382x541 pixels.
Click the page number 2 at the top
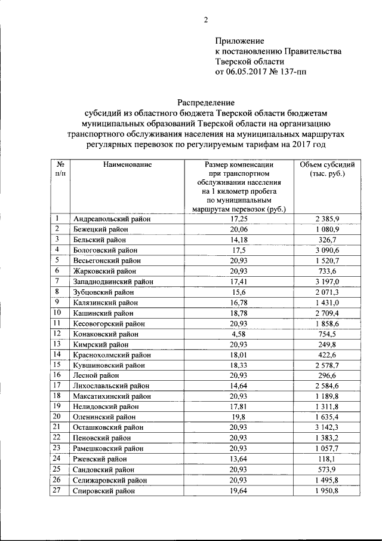[206, 20]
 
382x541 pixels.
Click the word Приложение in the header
[239, 41]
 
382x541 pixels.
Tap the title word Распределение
[206, 102]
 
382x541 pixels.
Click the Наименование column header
[126, 164]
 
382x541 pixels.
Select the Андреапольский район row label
[111, 219]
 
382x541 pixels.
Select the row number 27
[57, 490]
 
